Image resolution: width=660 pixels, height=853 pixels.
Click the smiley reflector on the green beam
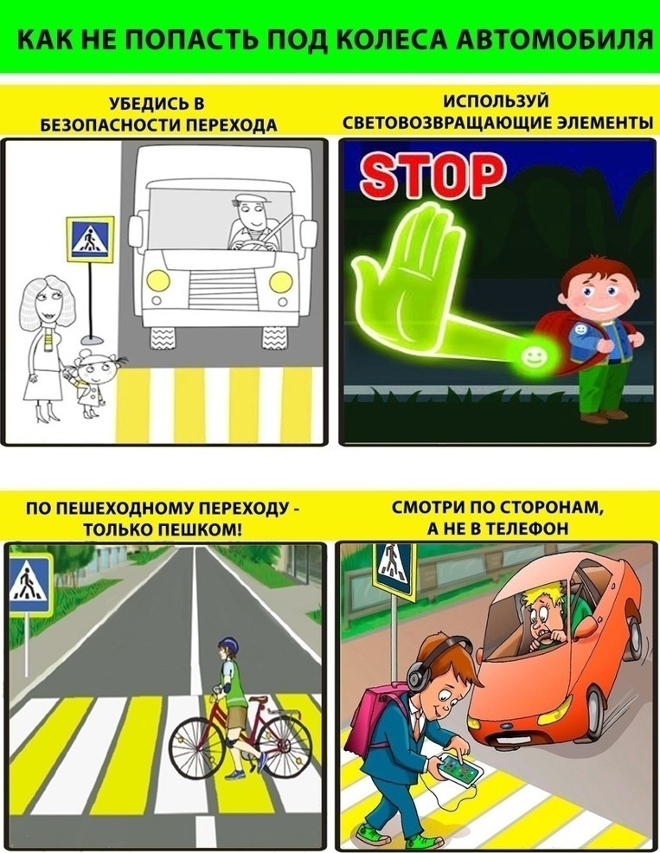coord(532,357)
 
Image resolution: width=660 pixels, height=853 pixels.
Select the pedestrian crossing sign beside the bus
coord(90,237)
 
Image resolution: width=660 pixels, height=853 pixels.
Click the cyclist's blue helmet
coord(229,645)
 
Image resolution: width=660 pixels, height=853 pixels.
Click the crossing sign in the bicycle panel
coord(31,586)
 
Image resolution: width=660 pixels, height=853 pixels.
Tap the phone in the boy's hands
coord(461,767)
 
